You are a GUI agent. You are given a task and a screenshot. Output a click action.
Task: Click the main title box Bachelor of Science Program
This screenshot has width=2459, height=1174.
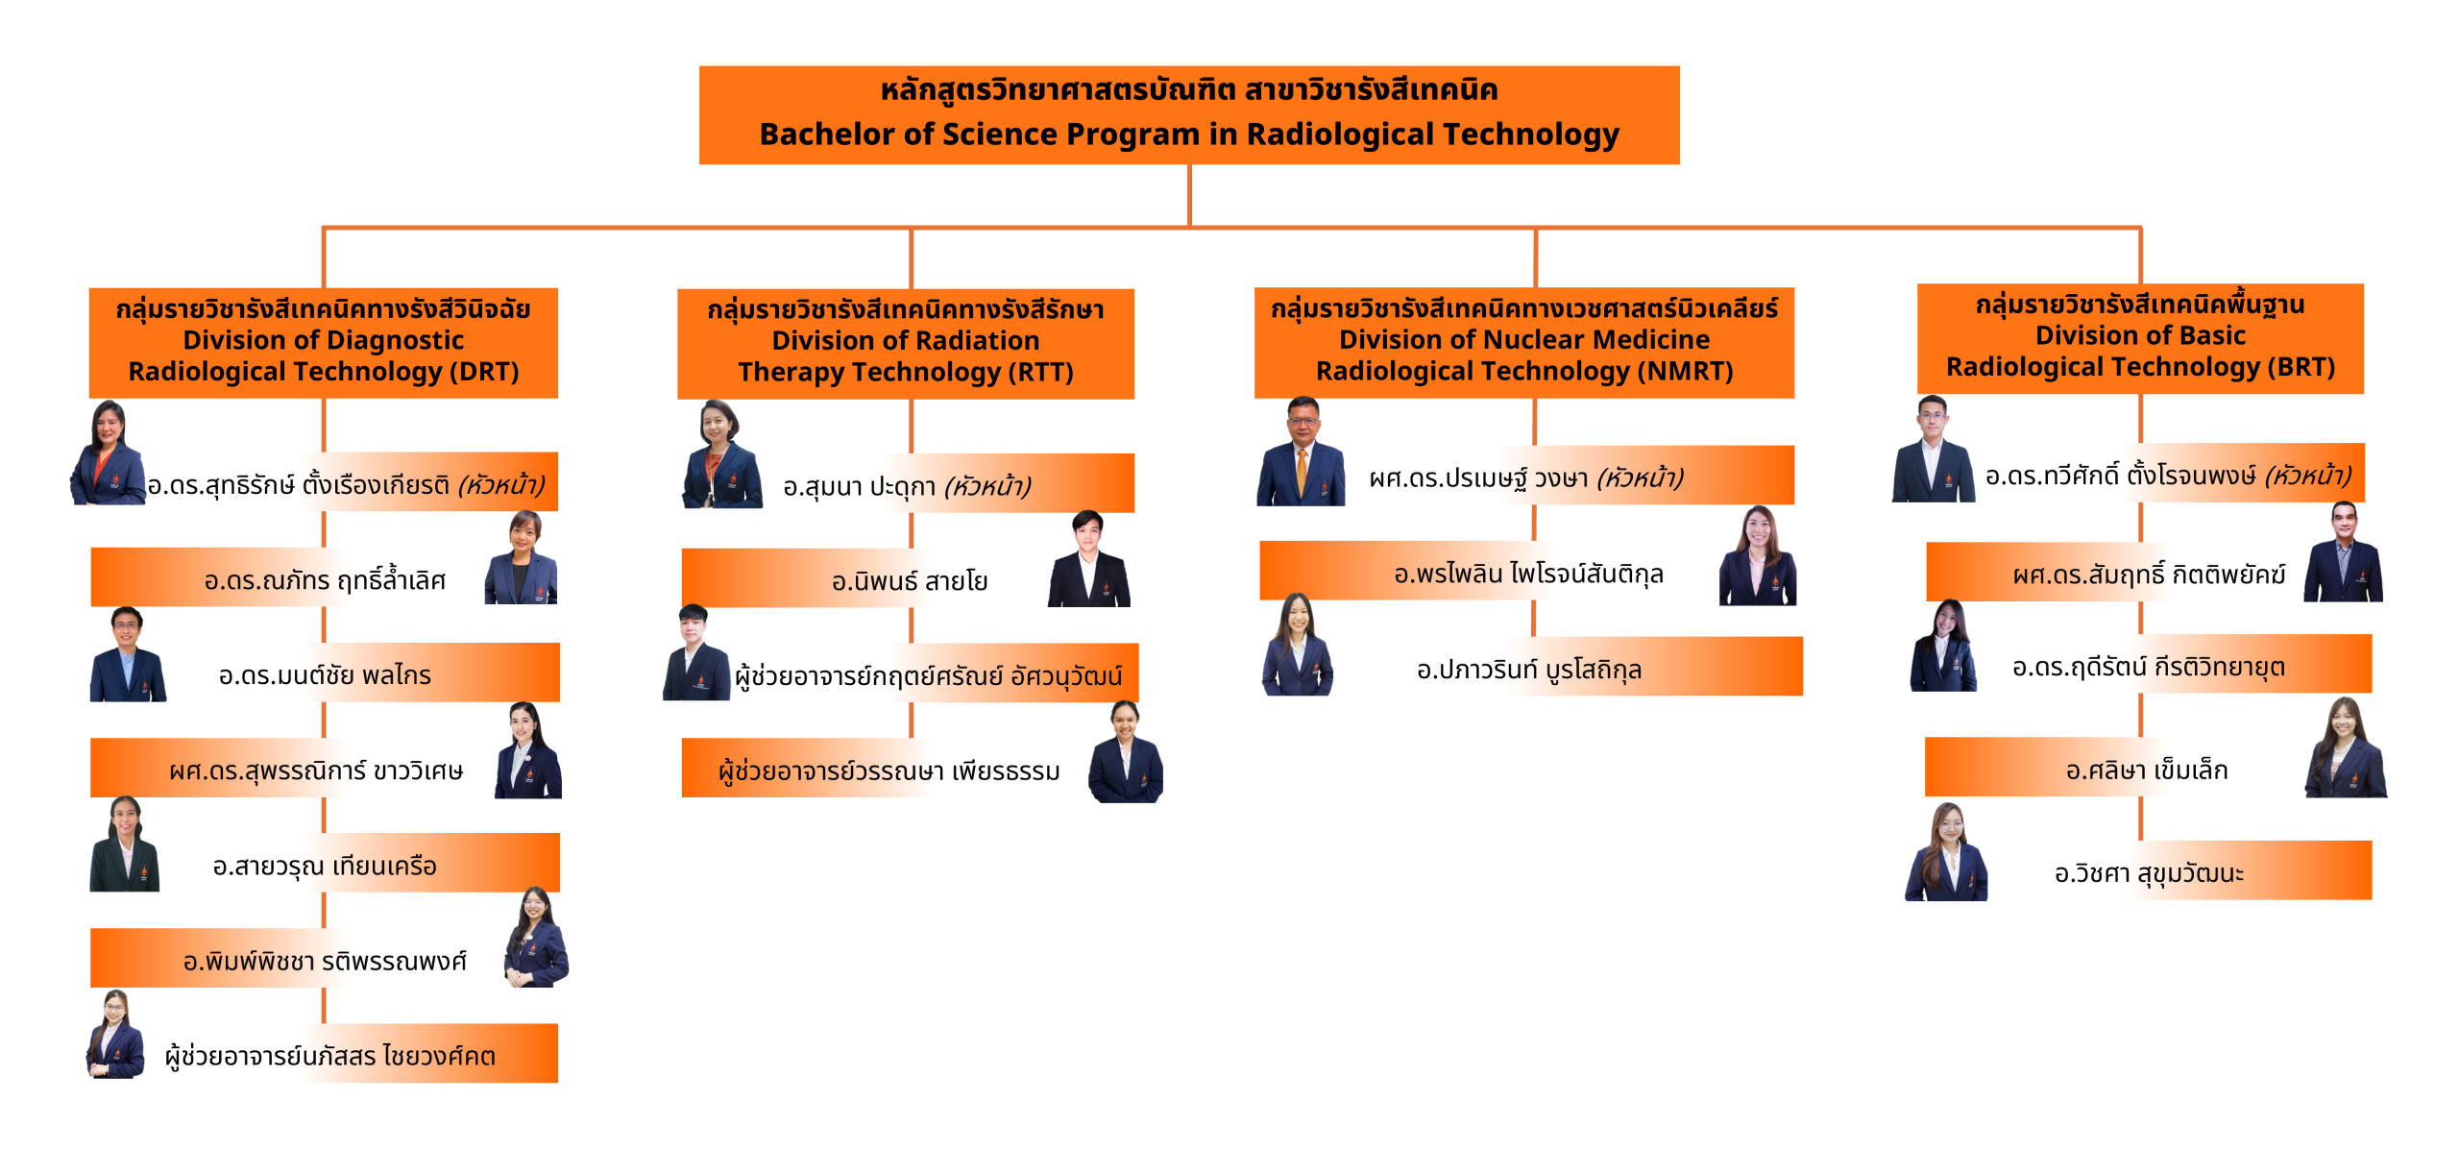(1189, 115)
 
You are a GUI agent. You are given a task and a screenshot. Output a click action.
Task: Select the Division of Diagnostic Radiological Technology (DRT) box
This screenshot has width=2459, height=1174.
(324, 343)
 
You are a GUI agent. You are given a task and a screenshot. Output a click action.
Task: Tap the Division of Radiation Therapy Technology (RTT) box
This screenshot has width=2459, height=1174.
(906, 344)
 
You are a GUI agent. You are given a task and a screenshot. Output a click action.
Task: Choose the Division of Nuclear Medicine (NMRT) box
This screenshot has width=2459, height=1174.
(1524, 343)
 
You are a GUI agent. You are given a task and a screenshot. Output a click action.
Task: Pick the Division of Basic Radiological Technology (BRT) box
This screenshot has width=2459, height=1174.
(2140, 338)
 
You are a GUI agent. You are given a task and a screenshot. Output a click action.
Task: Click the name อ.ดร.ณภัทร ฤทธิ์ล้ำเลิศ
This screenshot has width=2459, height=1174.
(325, 580)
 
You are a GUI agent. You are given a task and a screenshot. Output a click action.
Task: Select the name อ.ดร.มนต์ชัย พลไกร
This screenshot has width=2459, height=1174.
(325, 675)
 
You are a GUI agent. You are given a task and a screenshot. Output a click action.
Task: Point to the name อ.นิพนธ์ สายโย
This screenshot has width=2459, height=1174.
(910, 581)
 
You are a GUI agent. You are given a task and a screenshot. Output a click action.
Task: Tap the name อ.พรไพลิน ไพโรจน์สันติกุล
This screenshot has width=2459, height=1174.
(1529, 574)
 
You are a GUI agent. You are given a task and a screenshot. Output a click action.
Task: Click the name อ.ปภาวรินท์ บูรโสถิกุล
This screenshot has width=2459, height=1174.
(1529, 670)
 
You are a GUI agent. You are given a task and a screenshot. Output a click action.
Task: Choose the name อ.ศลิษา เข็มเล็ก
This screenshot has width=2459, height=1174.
(2147, 770)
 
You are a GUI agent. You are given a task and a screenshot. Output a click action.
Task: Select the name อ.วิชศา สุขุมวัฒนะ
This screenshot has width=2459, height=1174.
(2149, 873)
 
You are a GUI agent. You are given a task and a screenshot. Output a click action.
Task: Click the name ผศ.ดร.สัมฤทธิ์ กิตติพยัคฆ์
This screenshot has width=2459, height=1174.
(2149, 575)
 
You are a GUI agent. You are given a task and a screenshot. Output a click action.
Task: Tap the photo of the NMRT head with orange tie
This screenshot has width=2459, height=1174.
(1301, 452)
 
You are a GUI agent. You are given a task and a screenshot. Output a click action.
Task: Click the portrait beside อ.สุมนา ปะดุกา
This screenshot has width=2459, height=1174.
(721, 454)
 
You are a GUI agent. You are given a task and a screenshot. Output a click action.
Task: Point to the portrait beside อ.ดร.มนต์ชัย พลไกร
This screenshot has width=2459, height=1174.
(128, 654)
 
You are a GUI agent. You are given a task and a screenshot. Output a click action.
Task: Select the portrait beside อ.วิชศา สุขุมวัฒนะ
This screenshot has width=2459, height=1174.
(1946, 852)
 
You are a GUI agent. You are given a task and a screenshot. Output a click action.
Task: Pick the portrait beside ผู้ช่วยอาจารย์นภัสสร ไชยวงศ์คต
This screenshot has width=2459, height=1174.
(115, 1034)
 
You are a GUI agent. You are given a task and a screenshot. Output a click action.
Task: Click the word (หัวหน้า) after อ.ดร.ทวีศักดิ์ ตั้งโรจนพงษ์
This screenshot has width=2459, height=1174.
(2307, 476)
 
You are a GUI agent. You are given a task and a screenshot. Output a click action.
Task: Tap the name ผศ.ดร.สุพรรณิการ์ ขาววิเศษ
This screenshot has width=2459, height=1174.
(316, 770)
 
